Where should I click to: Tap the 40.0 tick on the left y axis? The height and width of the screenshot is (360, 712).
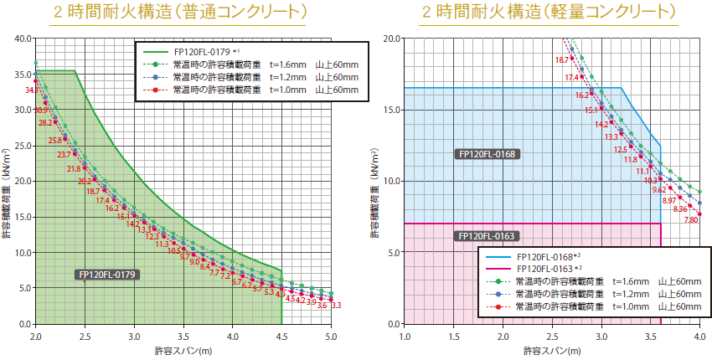pyautogui.click(x=23, y=39)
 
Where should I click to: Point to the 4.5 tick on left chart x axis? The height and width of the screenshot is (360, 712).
pyautogui.click(x=281, y=336)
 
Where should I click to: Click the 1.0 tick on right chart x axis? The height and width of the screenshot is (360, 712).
pyautogui.click(x=405, y=336)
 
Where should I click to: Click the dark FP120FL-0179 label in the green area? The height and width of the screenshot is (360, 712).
pyautogui.click(x=107, y=274)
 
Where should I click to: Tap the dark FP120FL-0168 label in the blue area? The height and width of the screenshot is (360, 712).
pyautogui.click(x=487, y=154)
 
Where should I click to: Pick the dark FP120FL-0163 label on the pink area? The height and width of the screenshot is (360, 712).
pyautogui.click(x=487, y=236)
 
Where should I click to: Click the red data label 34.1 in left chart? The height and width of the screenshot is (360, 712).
pyautogui.click(x=33, y=90)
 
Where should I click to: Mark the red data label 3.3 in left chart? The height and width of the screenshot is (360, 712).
pyautogui.click(x=336, y=306)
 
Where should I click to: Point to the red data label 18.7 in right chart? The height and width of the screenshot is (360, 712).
pyautogui.click(x=561, y=59)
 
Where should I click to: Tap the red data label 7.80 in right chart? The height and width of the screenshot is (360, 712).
pyautogui.click(x=691, y=219)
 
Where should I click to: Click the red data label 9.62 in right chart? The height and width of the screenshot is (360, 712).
pyautogui.click(x=659, y=190)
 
